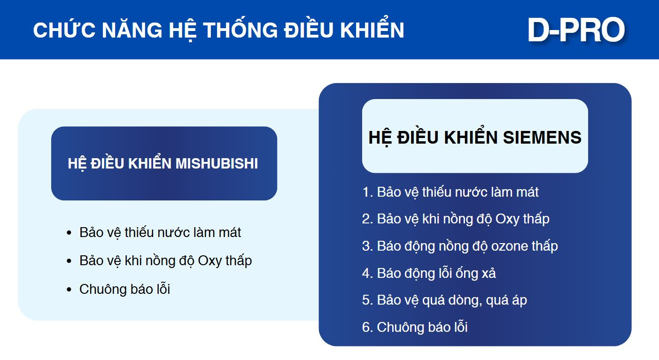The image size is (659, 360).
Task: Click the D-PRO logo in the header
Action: click(576, 30)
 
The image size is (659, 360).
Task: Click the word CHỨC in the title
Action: click(64, 30)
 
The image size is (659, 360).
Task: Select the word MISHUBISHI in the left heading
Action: click(217, 163)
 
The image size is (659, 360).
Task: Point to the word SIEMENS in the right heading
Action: click(542, 137)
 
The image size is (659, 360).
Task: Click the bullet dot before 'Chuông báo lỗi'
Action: click(69, 290)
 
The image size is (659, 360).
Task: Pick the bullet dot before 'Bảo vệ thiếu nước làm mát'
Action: click(69, 233)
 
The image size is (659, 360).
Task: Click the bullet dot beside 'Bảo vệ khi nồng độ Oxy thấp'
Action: click(69, 261)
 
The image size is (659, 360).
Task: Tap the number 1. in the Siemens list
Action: click(368, 192)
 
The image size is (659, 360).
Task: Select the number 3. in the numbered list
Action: click(368, 246)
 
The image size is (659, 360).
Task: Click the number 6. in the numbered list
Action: click(368, 328)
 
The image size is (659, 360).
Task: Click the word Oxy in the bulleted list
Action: click(210, 261)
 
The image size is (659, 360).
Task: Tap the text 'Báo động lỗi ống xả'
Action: click(436, 274)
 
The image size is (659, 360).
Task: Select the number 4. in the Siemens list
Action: click(368, 273)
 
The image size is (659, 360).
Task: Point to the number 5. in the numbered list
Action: click(368, 300)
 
